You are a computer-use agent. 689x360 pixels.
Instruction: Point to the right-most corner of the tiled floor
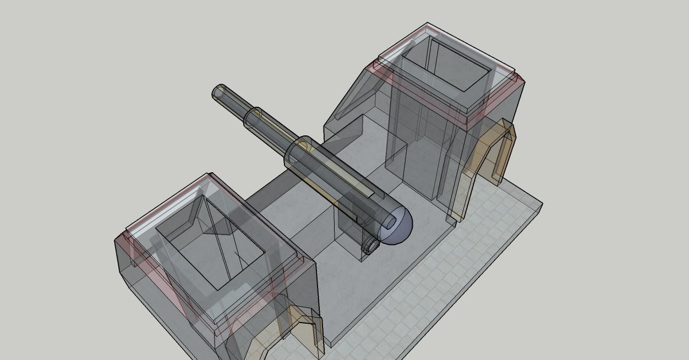(542, 205)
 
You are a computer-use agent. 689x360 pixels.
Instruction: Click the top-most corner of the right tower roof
(428, 23)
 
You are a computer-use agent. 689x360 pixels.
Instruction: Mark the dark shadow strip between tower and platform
(275, 193)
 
